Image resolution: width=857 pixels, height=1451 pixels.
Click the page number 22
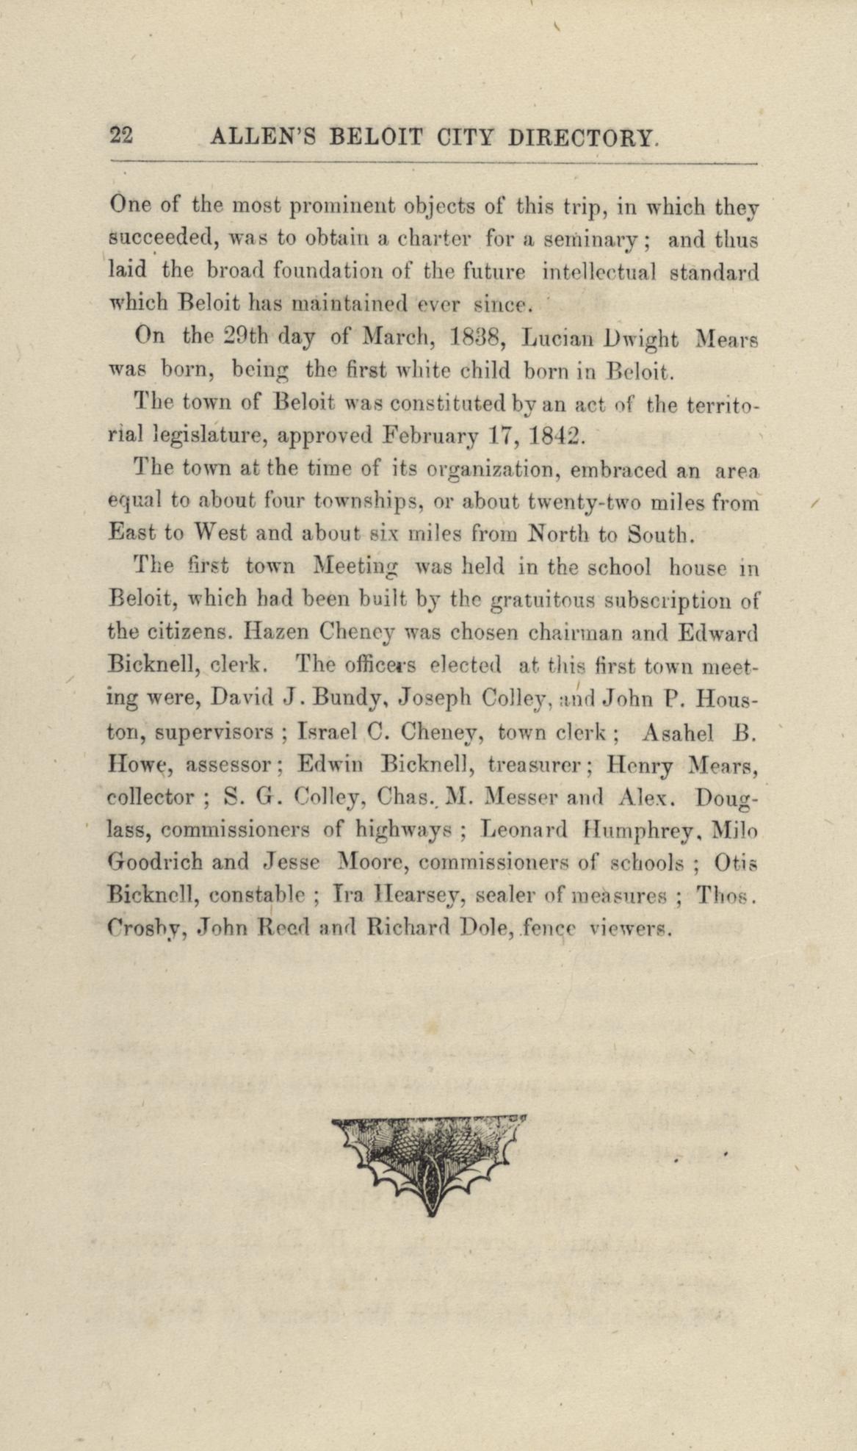tap(120, 136)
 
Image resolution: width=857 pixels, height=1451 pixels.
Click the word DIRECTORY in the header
tap(582, 137)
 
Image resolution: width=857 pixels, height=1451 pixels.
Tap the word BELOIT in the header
tap(376, 137)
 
